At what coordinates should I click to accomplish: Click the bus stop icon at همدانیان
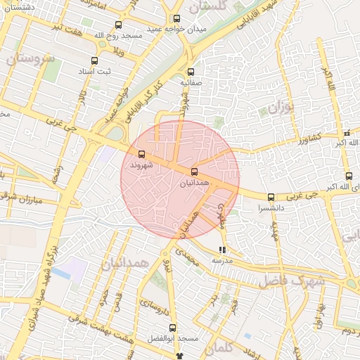pyautogui.click(x=194, y=172)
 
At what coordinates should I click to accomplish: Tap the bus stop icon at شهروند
pyautogui.click(x=142, y=154)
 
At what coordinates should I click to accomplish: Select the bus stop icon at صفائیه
pyautogui.click(x=191, y=72)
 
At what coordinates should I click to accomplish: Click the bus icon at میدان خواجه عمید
pyautogui.click(x=176, y=19)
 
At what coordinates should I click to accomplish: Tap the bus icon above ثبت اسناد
pyautogui.click(x=95, y=60)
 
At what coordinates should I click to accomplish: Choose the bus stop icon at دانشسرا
pyautogui.click(x=271, y=196)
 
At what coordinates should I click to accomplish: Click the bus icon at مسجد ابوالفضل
pyautogui.click(x=173, y=328)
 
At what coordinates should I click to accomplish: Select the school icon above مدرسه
pyautogui.click(x=223, y=250)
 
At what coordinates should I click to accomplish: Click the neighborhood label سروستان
pyautogui.click(x=30, y=59)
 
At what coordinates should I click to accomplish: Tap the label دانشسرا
pyautogui.click(x=271, y=209)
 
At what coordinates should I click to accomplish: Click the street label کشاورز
pyautogui.click(x=307, y=136)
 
